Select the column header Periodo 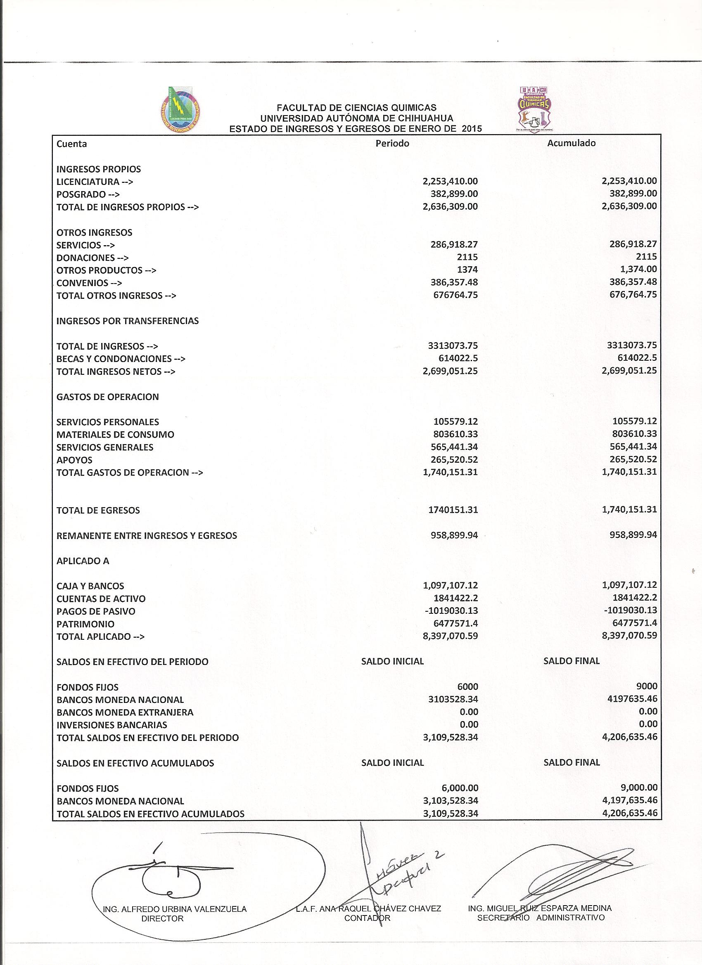tap(392, 143)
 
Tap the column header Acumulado tap(572, 143)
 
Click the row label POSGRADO tap(88, 194)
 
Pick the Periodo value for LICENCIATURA tap(451, 182)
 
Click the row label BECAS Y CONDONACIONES tap(121, 359)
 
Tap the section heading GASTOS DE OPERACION tap(107, 397)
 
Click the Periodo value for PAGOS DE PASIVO tap(451, 611)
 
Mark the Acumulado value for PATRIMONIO tap(633, 623)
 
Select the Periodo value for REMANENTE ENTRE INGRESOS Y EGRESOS tap(454, 535)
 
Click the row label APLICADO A tap(83, 561)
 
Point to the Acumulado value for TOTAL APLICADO tap(630, 636)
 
